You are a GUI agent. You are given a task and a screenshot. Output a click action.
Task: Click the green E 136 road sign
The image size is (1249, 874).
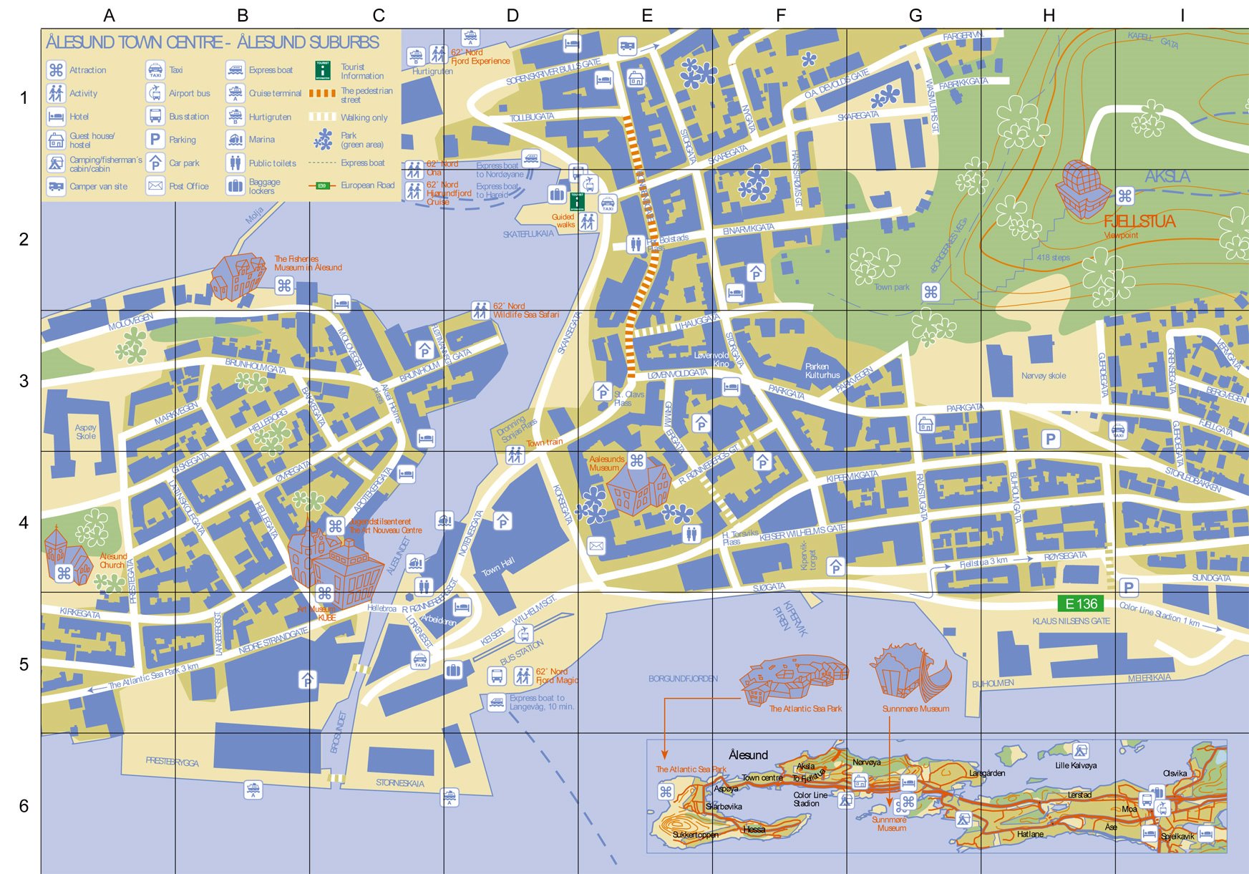click(x=1081, y=603)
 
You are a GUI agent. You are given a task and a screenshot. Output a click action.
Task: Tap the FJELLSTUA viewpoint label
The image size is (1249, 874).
click(x=1139, y=221)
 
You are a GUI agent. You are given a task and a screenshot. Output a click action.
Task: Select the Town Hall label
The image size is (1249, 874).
click(x=497, y=567)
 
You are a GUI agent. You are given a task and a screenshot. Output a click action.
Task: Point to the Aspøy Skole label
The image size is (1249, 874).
click(x=86, y=432)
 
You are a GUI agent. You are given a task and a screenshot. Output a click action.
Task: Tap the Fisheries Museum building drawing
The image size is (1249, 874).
click(x=238, y=275)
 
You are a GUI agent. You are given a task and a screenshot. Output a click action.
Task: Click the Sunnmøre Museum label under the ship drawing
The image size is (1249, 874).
click(x=915, y=709)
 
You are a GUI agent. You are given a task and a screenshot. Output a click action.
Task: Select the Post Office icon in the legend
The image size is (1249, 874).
click(x=155, y=186)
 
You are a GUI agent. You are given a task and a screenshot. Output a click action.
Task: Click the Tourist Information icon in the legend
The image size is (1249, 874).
click(x=323, y=70)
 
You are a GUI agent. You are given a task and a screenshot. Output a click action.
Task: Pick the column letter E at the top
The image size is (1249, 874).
click(x=647, y=16)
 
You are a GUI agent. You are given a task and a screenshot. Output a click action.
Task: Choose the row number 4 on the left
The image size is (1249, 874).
click(x=24, y=523)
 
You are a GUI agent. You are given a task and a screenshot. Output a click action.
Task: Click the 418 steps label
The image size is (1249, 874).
click(x=1053, y=258)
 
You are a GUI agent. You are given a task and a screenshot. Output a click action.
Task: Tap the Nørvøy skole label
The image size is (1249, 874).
click(x=1044, y=376)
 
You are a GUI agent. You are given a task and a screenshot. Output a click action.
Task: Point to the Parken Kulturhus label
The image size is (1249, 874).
click(x=822, y=371)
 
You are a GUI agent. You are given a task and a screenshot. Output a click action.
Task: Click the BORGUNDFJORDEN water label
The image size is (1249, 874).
click(x=683, y=679)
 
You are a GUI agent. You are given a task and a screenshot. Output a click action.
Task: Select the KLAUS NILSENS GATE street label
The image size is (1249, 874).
click(x=1071, y=621)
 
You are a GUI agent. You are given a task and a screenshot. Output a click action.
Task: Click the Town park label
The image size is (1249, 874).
click(x=891, y=287)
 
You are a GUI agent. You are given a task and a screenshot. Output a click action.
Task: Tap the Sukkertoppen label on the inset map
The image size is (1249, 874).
click(x=695, y=835)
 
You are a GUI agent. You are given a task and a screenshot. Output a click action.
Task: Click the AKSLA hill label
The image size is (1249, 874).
click(x=1167, y=176)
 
